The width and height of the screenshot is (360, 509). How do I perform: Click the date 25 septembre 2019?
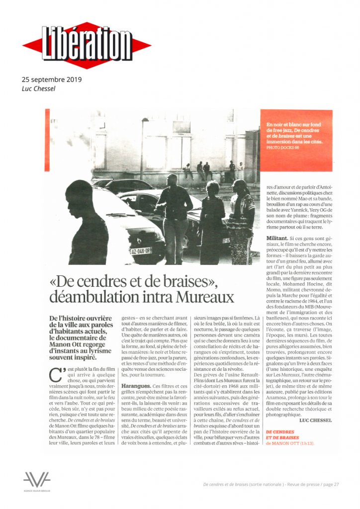[x=52, y=80]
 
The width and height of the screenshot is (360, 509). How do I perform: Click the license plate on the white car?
[x=141, y=251]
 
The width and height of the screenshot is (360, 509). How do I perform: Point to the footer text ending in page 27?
[x=271, y=484]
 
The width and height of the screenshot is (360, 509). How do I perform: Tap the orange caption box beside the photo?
[x=296, y=141]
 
